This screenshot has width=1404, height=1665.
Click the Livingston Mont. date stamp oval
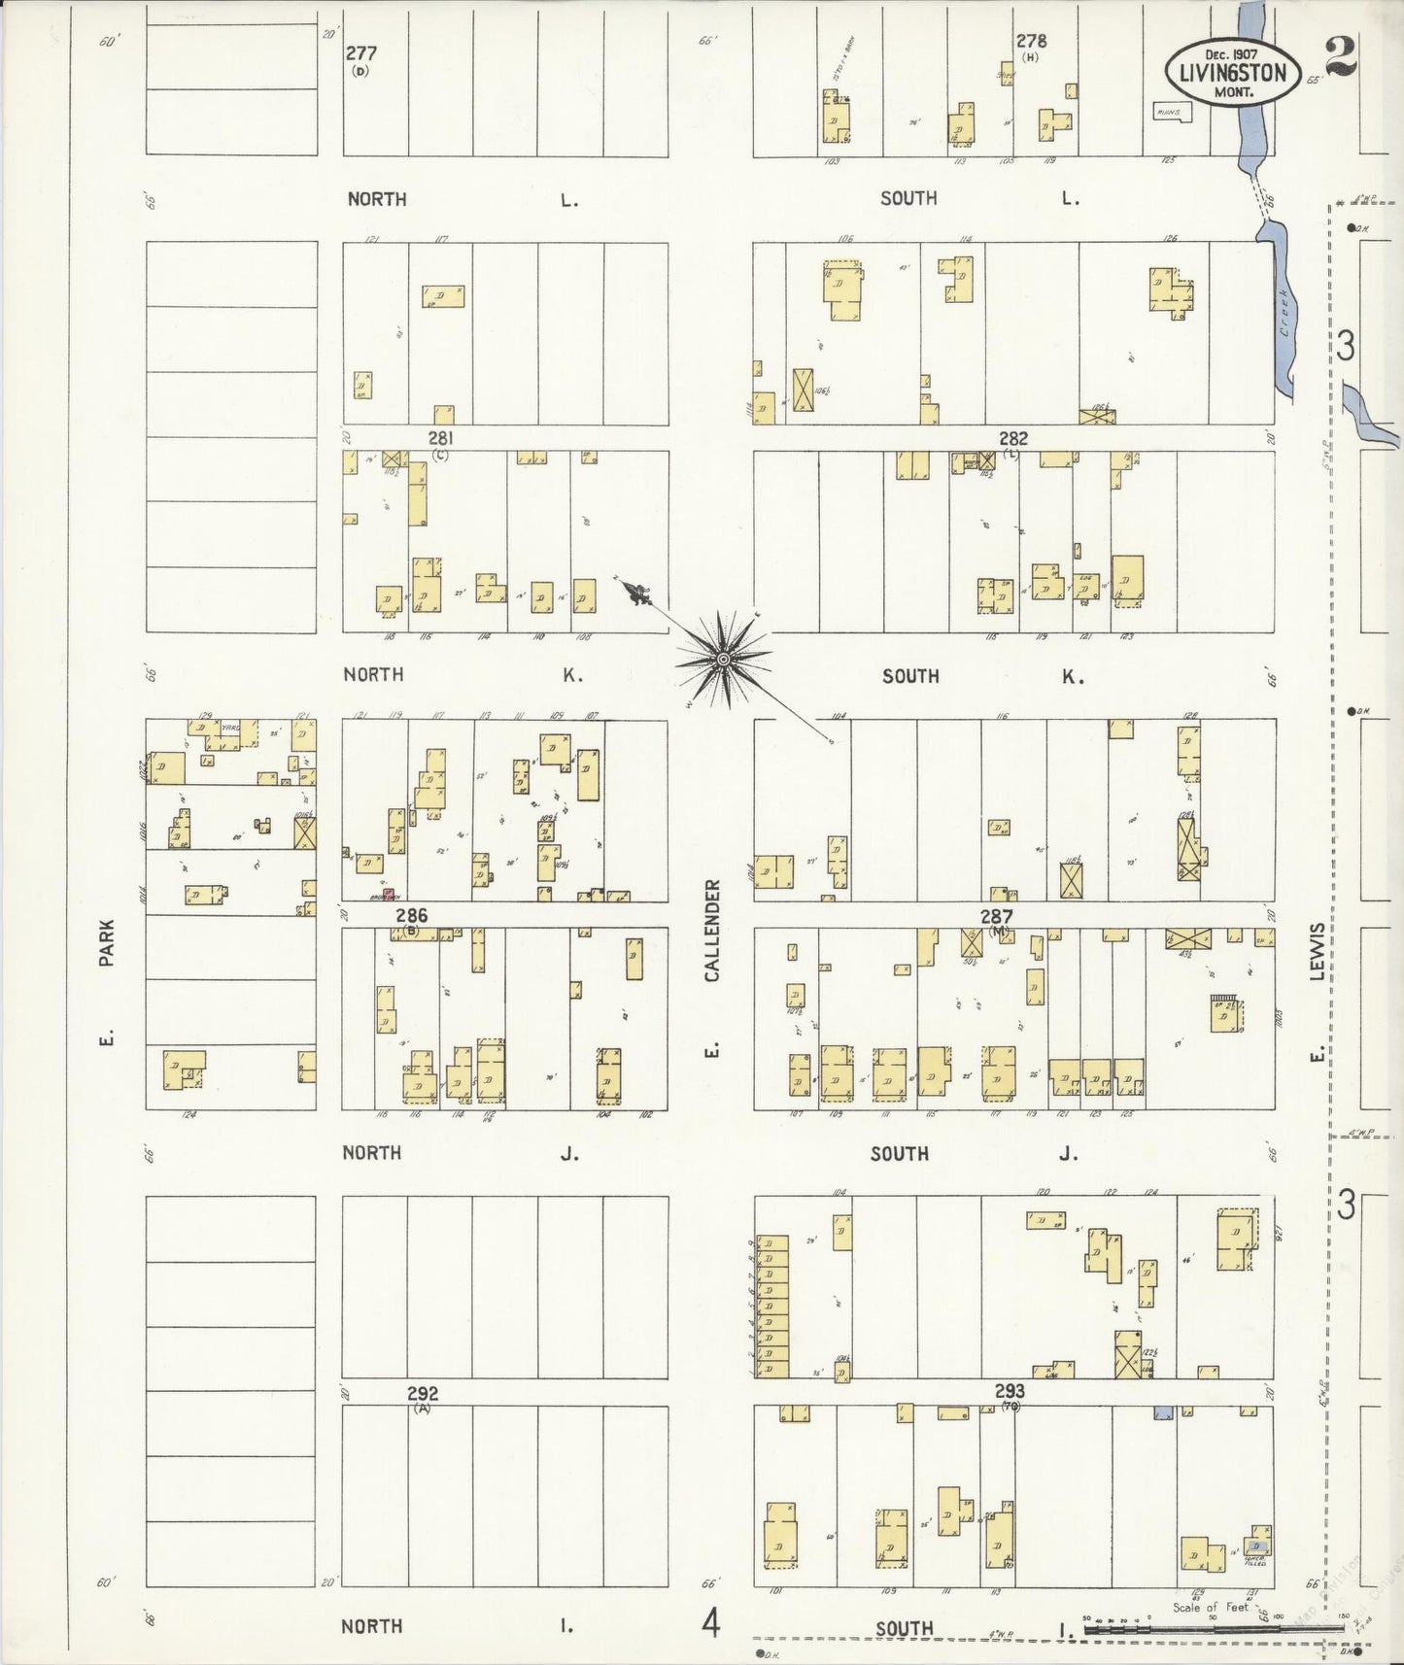pos(1231,71)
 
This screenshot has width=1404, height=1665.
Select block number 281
pos(440,438)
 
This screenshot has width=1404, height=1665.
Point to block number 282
pos(1012,439)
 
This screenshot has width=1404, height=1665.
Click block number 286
pos(411,915)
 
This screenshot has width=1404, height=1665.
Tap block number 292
pos(422,1393)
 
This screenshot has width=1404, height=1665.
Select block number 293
pos(1010,1391)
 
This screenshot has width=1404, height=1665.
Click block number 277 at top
pos(360,53)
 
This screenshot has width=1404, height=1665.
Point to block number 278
pos(1031,41)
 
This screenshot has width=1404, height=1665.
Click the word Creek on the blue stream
pos(1284,313)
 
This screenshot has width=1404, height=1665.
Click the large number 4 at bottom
pos(711,1622)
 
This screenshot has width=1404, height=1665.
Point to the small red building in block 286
pos(387,894)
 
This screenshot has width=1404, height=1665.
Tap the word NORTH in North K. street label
pos(373,674)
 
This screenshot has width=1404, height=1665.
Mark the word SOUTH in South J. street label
pos(899,1153)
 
